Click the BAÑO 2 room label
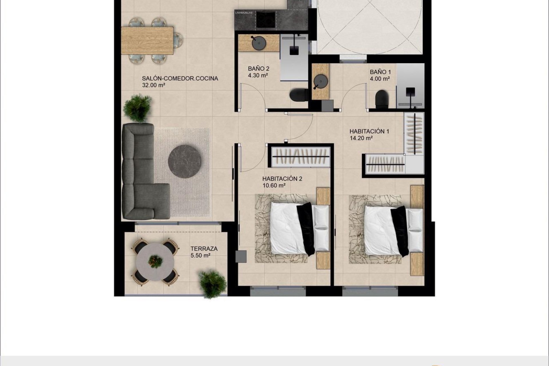click(258, 69)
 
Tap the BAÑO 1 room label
click(380, 72)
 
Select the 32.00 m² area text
click(154, 85)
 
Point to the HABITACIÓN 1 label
click(369, 132)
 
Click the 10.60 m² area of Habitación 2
click(274, 186)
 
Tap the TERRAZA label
click(204, 249)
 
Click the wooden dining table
click(147, 40)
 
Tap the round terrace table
click(155, 262)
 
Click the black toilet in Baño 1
click(382, 99)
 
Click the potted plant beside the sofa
click(138, 108)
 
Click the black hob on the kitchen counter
click(265, 19)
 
